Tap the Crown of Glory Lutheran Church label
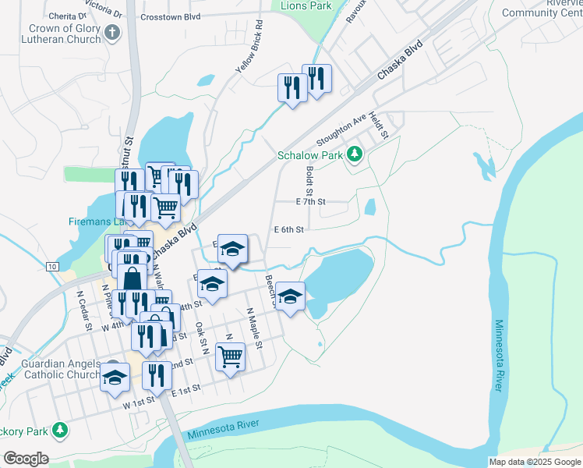click(x=63, y=34)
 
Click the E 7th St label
click(x=310, y=201)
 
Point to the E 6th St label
click(x=288, y=229)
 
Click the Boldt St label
click(x=309, y=181)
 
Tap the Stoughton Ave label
click(x=341, y=130)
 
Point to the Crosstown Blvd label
click(x=168, y=16)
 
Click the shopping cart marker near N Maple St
click(x=230, y=356)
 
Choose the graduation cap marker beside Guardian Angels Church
click(x=115, y=378)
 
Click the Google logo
click(x=26, y=459)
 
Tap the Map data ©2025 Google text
click(x=534, y=462)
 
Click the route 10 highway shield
click(x=51, y=267)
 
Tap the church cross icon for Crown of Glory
click(x=113, y=34)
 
